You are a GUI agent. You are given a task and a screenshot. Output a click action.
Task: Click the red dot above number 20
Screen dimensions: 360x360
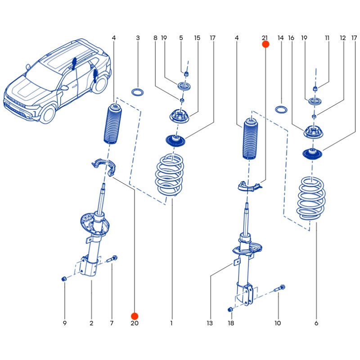click(135, 316)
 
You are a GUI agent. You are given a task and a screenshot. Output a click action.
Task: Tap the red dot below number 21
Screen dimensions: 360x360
click(265, 44)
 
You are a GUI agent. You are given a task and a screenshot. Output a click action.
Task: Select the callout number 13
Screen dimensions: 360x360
click(209, 323)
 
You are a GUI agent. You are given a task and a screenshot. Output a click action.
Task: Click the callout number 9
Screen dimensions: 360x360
click(64, 323)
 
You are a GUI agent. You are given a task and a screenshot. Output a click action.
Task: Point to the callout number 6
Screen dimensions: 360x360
click(316, 323)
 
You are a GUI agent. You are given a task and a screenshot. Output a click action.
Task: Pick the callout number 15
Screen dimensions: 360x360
click(197, 38)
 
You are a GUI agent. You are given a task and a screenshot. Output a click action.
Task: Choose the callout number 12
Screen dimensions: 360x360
click(343, 38)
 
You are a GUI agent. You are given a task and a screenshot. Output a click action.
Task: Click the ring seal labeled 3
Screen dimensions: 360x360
click(138, 93)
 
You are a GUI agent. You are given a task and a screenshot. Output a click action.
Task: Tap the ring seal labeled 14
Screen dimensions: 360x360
click(282, 109)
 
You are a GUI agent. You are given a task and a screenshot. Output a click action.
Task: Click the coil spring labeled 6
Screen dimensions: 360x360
click(311, 198)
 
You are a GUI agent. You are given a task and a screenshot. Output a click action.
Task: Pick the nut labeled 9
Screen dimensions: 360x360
click(64, 279)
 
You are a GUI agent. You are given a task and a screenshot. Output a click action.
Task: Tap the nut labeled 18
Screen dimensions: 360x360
click(230, 309)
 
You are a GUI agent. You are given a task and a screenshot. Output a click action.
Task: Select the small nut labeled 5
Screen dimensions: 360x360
click(186, 74)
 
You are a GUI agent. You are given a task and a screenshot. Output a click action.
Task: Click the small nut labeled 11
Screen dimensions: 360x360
click(315, 88)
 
